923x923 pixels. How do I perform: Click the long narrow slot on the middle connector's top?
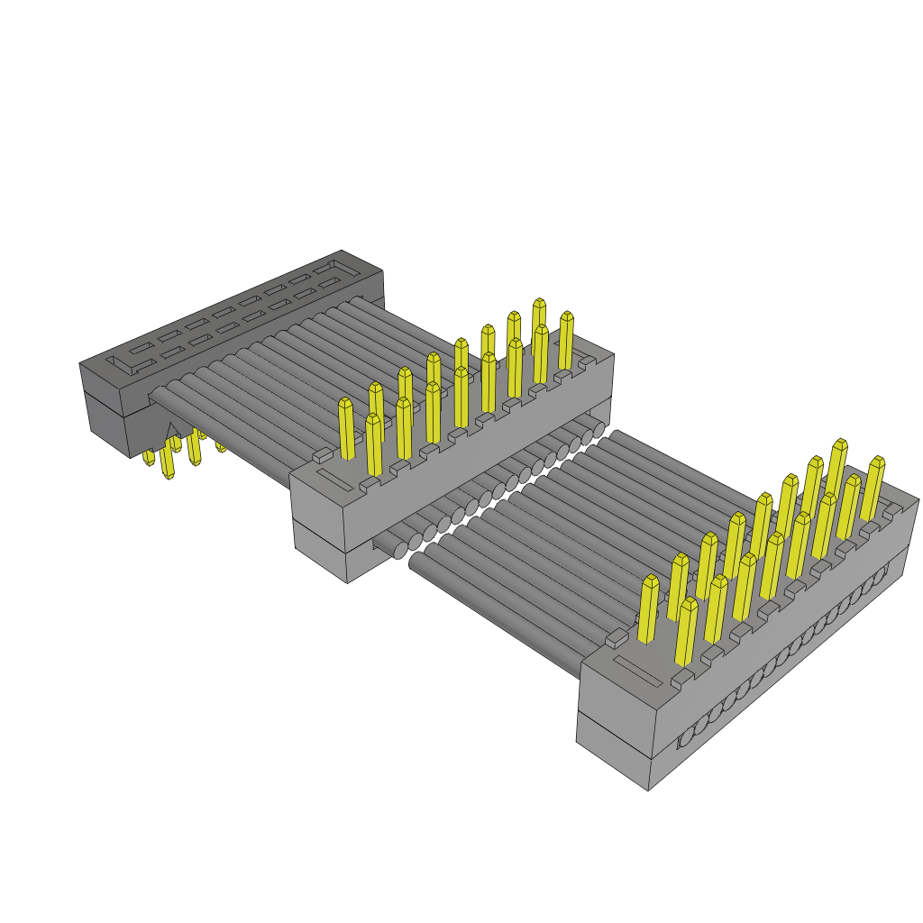pos(334,480)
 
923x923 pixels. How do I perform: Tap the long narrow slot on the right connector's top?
pos(637,671)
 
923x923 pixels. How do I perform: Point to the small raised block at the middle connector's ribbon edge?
pos(323,455)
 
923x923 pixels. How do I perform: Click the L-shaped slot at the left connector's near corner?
pos(119,365)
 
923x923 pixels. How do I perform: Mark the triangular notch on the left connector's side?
pos(173,432)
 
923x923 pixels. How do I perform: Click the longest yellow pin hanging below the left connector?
pos(167,460)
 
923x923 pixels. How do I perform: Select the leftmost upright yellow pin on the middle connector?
pos(346,429)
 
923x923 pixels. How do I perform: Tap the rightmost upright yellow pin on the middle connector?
pos(566,341)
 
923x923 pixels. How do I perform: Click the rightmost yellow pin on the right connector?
pos(872,489)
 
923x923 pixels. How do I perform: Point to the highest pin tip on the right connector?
pos(840,444)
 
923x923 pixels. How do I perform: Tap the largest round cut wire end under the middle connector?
pos(400,550)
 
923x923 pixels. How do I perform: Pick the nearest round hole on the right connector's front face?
pos(687,737)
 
